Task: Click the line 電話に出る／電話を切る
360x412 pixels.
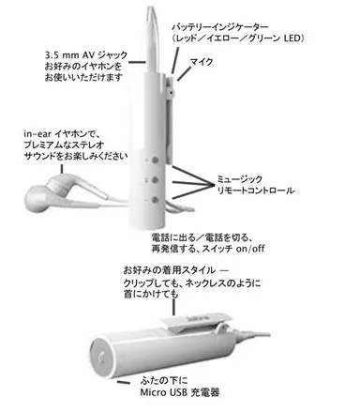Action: [x=206, y=239]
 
